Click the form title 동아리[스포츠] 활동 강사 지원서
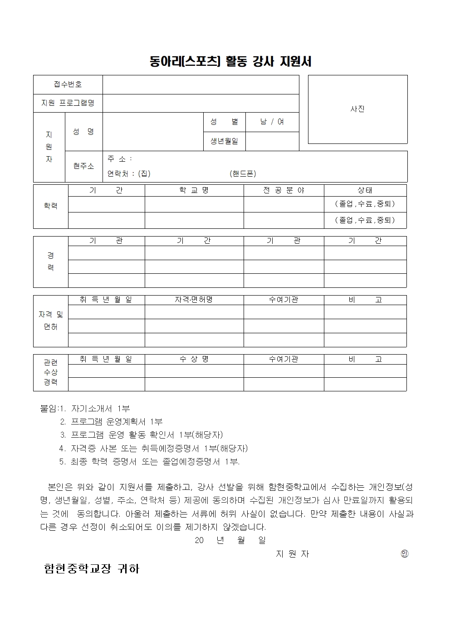coord(230,61)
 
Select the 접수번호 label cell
coord(68,84)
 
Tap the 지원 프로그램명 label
coord(68,103)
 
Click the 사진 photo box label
coord(357,109)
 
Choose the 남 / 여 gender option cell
coord(272,122)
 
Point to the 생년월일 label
coord(224,141)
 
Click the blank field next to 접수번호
coord(201,84)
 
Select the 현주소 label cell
coord(83,166)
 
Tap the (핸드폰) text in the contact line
coord(243,173)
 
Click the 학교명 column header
coord(194,190)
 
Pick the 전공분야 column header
coord(284,190)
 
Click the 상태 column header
coord(365,190)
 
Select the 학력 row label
coord(50,206)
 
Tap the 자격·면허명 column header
coord(194,300)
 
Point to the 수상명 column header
coord(194,359)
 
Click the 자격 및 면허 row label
coord(50,321)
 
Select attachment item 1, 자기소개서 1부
coord(100,409)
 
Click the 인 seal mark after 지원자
coord(405,553)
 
